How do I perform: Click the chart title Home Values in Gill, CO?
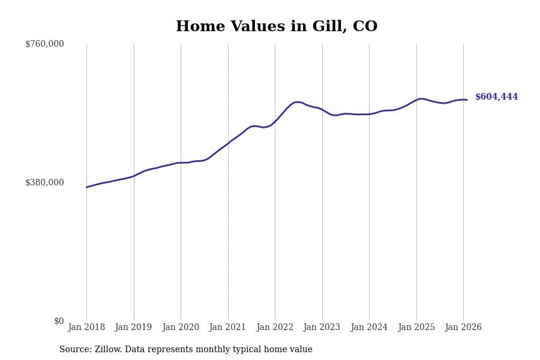277,27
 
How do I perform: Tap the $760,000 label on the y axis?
44,44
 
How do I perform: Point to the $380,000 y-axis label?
44,182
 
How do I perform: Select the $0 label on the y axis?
58,321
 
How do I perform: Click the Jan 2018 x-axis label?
86,328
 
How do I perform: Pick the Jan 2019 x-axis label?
133,328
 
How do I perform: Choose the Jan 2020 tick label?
181,328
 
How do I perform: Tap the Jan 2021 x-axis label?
227,328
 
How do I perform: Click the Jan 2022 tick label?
275,328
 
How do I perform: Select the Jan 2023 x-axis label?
322,328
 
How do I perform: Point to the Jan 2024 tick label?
369,328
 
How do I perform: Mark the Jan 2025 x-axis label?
416,328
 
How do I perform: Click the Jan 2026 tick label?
463,328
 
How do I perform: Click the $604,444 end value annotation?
496,97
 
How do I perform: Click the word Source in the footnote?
74,350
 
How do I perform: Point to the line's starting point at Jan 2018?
86,187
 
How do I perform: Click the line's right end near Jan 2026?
467,100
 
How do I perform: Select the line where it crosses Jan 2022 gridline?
275,121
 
